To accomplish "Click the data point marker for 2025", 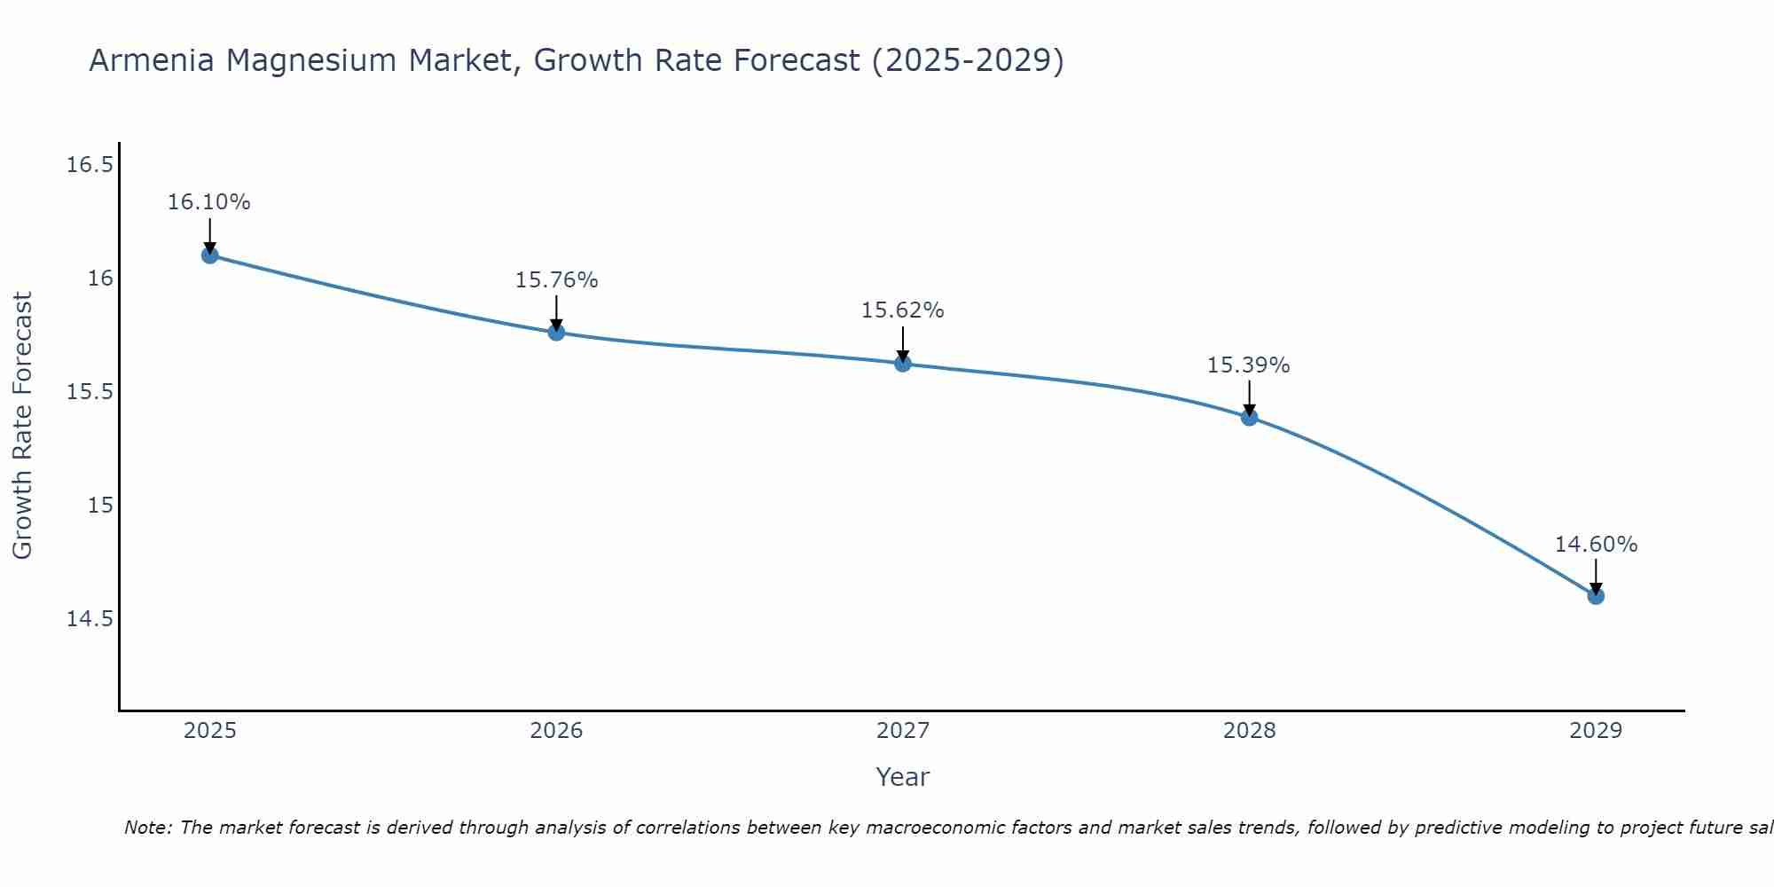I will pyautogui.click(x=209, y=255).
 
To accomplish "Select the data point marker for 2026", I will pyautogui.click(x=556, y=333).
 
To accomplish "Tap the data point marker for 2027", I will pyautogui.click(x=903, y=363).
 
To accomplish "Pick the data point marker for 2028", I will pyautogui.click(x=1249, y=417).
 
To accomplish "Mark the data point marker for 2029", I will pyautogui.click(x=1596, y=596).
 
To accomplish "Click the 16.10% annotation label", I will pyautogui.click(x=209, y=202).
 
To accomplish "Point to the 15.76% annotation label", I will pyautogui.click(x=556, y=280).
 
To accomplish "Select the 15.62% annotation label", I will pyautogui.click(x=903, y=310).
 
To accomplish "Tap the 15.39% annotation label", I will pyautogui.click(x=1249, y=365).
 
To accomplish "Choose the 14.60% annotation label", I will pyautogui.click(x=1596, y=545).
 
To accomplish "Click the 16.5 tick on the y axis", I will pyautogui.click(x=90, y=165).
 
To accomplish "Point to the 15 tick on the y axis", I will pyautogui.click(x=101, y=505).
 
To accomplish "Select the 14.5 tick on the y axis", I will pyautogui.click(x=90, y=618).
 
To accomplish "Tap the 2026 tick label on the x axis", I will pyautogui.click(x=556, y=731).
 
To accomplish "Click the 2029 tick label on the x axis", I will pyautogui.click(x=1596, y=731).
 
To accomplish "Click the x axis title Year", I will pyautogui.click(x=902, y=777).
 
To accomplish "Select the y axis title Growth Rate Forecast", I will pyautogui.click(x=22, y=426).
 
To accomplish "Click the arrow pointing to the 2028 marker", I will pyautogui.click(x=1249, y=398).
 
